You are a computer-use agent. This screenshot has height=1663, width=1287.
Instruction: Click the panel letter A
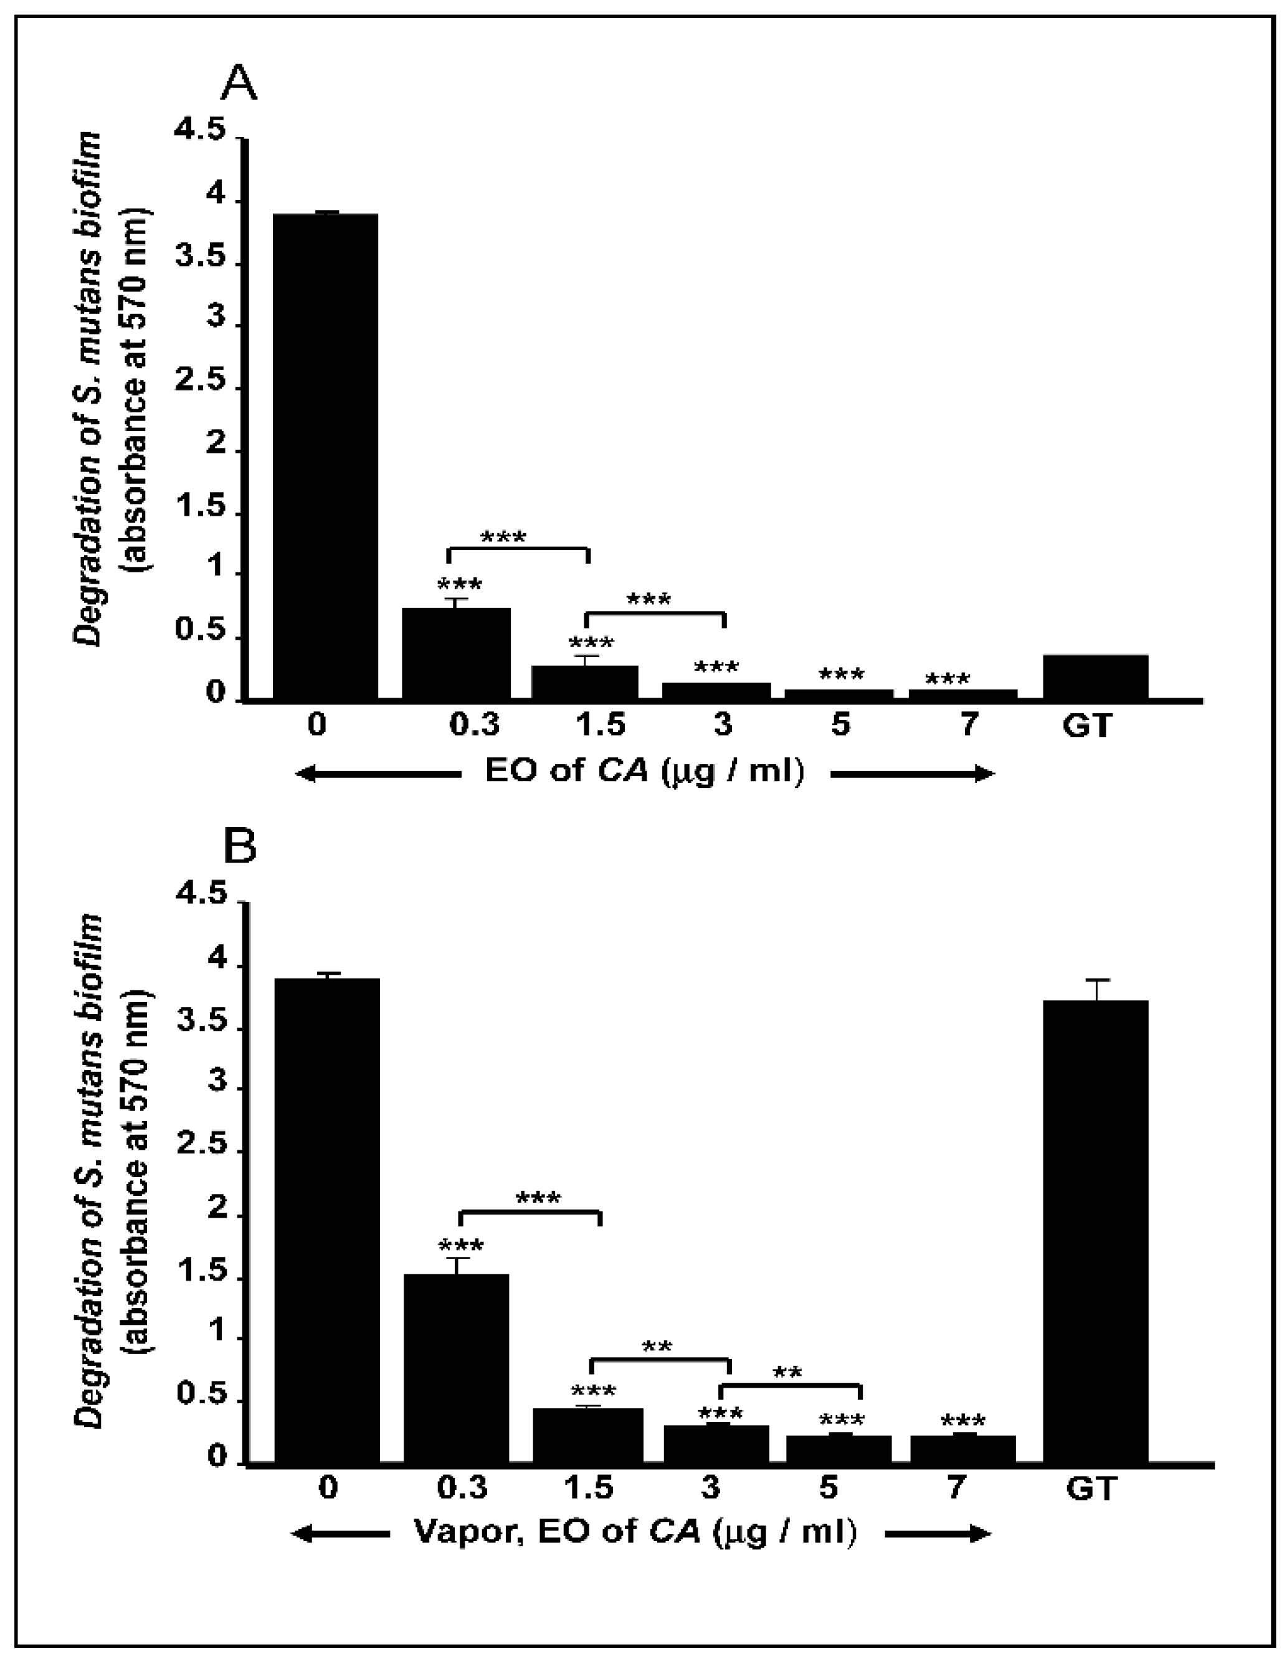point(239,83)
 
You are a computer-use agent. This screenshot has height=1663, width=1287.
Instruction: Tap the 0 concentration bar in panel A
point(325,457)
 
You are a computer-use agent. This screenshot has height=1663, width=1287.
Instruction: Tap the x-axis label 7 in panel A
point(967,724)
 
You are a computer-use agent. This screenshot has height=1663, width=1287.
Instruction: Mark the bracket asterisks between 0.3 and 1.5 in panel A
point(503,537)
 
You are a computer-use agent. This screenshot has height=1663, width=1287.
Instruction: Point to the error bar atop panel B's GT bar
point(1096,989)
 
